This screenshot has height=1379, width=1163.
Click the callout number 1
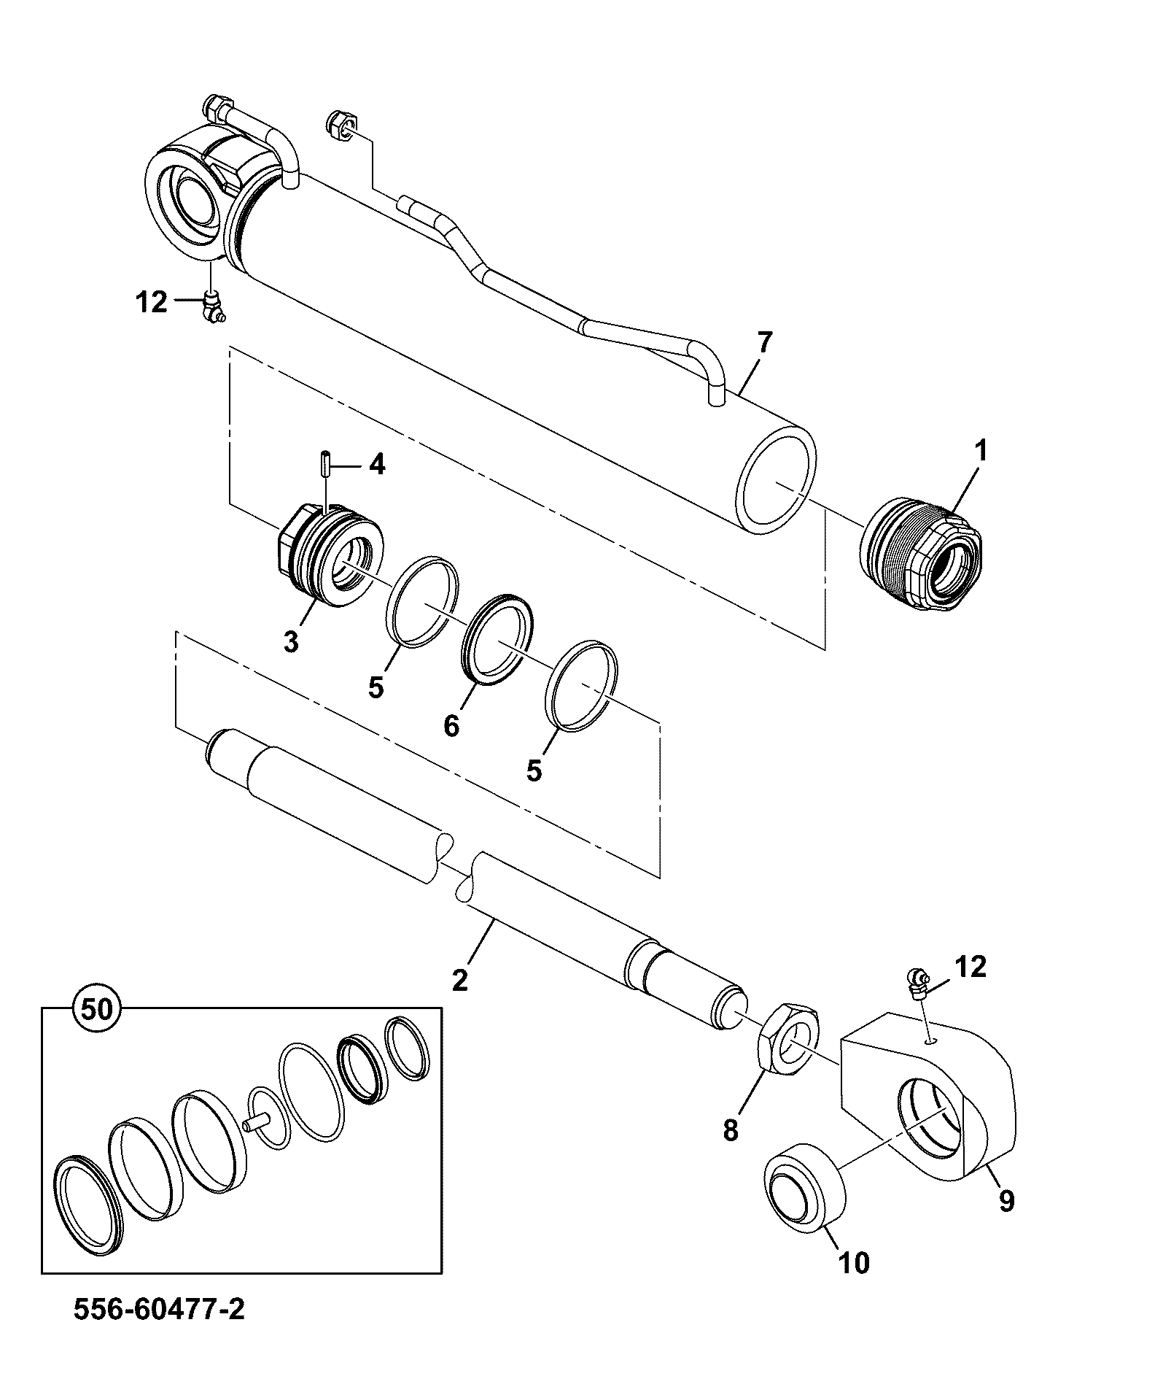(x=981, y=451)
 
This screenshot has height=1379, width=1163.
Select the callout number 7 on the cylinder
(x=763, y=342)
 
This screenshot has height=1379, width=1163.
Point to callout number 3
(x=291, y=642)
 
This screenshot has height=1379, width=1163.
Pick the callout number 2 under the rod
(x=459, y=979)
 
